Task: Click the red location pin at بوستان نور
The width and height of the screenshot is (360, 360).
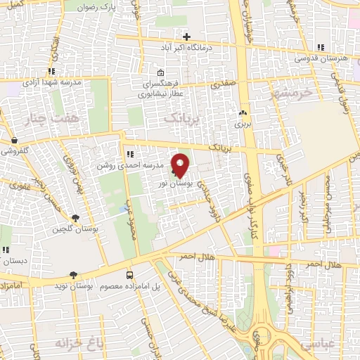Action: tap(180, 165)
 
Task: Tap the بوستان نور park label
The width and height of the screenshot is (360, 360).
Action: tap(171, 182)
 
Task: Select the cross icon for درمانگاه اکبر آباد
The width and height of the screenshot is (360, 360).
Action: tap(186, 37)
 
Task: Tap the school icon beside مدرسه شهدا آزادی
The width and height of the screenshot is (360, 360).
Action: tap(51, 71)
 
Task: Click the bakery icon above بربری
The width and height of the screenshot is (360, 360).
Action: tap(243, 112)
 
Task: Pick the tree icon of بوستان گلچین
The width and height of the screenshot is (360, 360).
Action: tap(75, 218)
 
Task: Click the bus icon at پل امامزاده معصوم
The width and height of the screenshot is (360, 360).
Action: tap(129, 275)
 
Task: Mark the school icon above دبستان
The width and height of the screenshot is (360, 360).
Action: tap(6, 250)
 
